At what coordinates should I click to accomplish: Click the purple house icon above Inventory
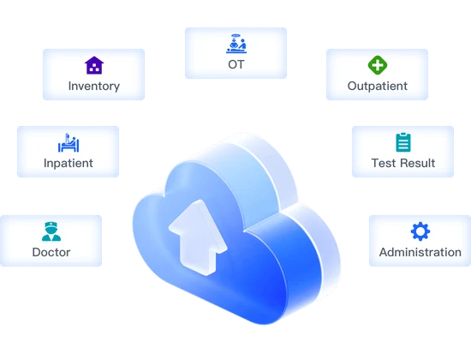coord(93,65)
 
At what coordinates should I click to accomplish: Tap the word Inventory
coord(93,86)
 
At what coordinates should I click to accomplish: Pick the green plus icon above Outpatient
coord(377,65)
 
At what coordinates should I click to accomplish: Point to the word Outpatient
coord(377,86)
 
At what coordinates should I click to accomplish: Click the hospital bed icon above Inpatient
coord(68,141)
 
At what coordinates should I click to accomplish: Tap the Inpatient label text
coord(68,163)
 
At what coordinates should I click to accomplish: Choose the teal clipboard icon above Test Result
coord(402,142)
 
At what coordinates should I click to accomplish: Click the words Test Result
coord(402,163)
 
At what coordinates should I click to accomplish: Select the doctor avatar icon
coord(51,231)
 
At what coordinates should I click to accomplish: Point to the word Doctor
coord(51,252)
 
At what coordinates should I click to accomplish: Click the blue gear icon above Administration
coord(420,231)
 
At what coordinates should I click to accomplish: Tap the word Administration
coord(420,252)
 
